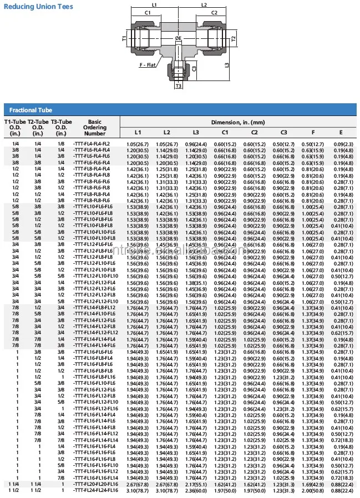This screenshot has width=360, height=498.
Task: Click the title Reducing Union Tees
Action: coord(38,7)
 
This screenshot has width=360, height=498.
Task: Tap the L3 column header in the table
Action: coord(195,132)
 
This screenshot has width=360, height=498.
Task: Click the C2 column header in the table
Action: coord(253,132)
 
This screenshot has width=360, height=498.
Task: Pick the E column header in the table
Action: coord(341,132)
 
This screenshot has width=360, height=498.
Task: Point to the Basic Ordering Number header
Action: coord(94,127)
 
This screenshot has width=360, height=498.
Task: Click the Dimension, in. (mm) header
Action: coord(238,122)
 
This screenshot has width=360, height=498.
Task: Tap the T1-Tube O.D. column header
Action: coord(14,127)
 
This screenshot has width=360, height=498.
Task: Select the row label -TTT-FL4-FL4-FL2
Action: coord(92,144)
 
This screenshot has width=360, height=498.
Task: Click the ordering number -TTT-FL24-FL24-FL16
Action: coord(95,490)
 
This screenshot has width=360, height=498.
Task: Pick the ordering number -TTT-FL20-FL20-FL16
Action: coord(95,484)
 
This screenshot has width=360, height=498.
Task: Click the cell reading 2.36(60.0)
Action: coord(195,490)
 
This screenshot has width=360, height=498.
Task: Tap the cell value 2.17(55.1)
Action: coord(195,484)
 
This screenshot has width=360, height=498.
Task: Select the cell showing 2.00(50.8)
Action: coord(312,490)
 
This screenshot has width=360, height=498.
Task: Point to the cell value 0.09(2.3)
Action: coord(341,144)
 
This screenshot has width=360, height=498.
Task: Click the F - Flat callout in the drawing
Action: coord(146,65)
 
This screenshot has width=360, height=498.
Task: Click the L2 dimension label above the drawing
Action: coord(204,4)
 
